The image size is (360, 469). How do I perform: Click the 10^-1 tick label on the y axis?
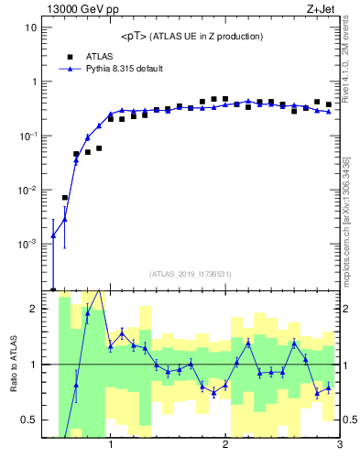27,136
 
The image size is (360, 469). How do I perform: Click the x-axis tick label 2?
225,446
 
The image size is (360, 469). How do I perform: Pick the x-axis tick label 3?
339,446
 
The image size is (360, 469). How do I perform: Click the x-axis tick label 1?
111,446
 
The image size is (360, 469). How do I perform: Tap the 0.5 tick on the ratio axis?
28,420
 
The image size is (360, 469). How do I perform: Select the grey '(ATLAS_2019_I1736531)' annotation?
191,273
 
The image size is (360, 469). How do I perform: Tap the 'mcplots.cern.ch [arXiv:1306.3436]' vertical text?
352,211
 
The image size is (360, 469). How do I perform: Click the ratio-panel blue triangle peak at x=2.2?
248,343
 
